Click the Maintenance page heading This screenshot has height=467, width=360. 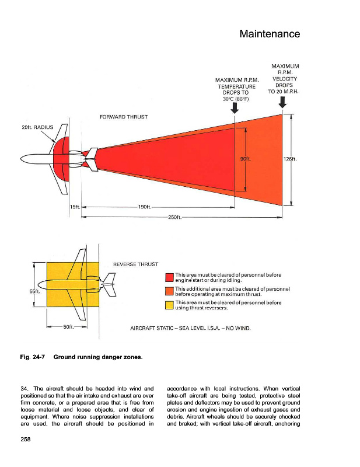tap(270, 34)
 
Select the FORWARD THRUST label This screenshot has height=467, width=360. tap(124, 117)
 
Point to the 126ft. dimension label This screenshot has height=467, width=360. tap(291, 158)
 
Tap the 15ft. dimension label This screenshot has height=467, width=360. tap(74, 207)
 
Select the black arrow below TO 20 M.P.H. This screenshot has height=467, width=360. tap(283, 102)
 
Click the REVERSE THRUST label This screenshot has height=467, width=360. tap(135, 264)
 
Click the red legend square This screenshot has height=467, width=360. tap(170, 277)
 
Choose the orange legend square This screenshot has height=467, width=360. tap(170, 291)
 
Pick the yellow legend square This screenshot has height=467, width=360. tap(170, 305)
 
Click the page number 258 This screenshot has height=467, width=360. tap(20, 439)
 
